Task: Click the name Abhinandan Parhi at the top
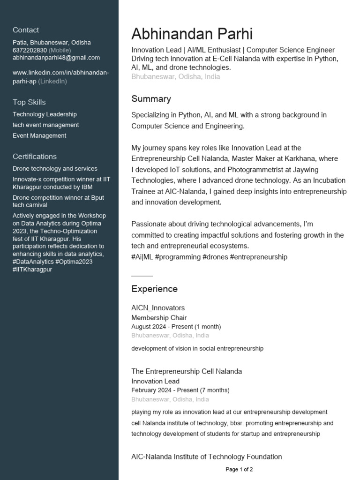(x=192, y=34)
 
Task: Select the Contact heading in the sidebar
(x=26, y=30)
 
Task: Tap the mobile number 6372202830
(x=30, y=50)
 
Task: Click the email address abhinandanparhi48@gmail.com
(x=56, y=58)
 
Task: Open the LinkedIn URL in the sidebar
(x=60, y=73)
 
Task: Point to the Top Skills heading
(x=29, y=102)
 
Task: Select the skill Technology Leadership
(x=45, y=114)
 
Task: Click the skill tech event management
(x=45, y=125)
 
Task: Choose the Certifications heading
(x=35, y=157)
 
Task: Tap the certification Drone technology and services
(x=55, y=169)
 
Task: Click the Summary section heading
(x=151, y=99)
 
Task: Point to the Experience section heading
(x=154, y=289)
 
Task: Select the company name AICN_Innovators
(x=158, y=308)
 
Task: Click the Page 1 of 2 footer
(x=239, y=469)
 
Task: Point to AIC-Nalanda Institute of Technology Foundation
(x=206, y=457)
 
